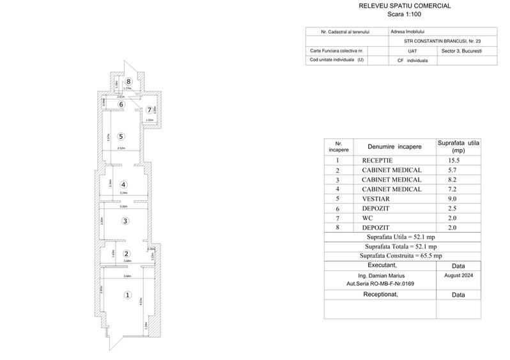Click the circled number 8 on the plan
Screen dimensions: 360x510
128,81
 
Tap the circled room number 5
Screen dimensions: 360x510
120,136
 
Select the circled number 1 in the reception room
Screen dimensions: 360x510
127,295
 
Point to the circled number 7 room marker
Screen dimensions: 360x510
149,110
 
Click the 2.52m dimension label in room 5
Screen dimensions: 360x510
121,148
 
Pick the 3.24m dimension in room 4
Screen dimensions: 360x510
124,192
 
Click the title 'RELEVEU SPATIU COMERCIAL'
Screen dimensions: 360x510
405,6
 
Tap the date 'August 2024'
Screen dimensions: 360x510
458,274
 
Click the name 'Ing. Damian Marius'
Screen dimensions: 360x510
374,275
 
